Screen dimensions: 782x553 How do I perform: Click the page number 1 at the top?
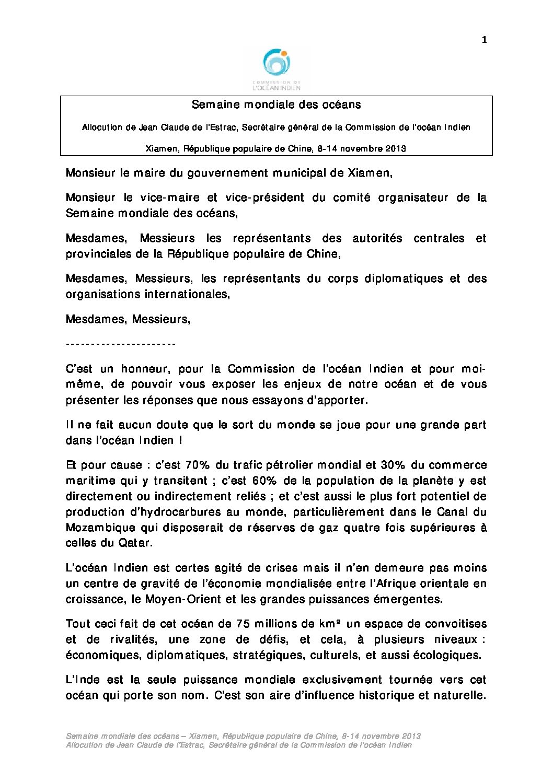(484, 40)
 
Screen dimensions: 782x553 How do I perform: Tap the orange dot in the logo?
(284, 53)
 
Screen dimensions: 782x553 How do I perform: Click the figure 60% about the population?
(267, 481)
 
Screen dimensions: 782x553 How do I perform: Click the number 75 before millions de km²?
(243, 624)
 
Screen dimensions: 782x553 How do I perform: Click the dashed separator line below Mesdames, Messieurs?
(121, 344)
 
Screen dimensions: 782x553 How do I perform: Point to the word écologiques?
(447, 655)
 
